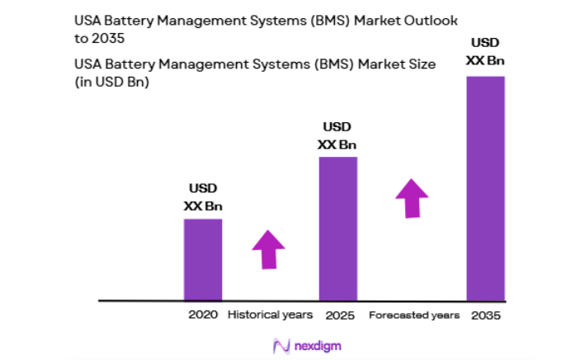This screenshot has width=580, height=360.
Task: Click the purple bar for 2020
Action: click(x=202, y=259)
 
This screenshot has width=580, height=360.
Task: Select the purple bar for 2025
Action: click(x=337, y=228)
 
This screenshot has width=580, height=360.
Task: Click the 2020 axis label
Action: click(x=202, y=315)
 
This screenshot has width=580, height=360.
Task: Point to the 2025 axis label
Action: click(x=338, y=315)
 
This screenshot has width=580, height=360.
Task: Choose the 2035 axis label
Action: click(x=485, y=315)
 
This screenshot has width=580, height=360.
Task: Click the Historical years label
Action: click(x=270, y=315)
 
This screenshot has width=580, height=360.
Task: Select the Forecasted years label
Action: click(x=414, y=315)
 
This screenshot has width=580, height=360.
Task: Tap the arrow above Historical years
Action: click(x=268, y=249)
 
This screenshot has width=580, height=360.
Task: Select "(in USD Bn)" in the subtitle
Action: click(x=111, y=81)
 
